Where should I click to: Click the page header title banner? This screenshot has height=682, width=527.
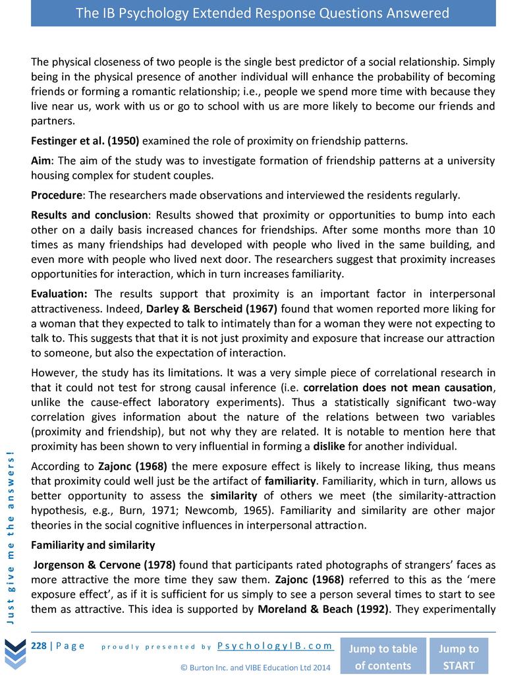(263, 13)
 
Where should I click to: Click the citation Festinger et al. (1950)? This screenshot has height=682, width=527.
(85, 141)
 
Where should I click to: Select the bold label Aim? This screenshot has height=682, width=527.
(42, 161)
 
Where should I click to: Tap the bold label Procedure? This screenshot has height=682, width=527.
(57, 195)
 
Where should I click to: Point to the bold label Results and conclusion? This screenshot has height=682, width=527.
(90, 215)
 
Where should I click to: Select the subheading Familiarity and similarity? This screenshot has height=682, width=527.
(93, 545)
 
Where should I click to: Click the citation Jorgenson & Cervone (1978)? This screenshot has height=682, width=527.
(104, 565)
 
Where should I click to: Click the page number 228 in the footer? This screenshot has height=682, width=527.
(39, 646)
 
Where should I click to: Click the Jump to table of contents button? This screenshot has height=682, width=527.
(383, 656)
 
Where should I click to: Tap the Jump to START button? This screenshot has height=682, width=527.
(458, 656)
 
